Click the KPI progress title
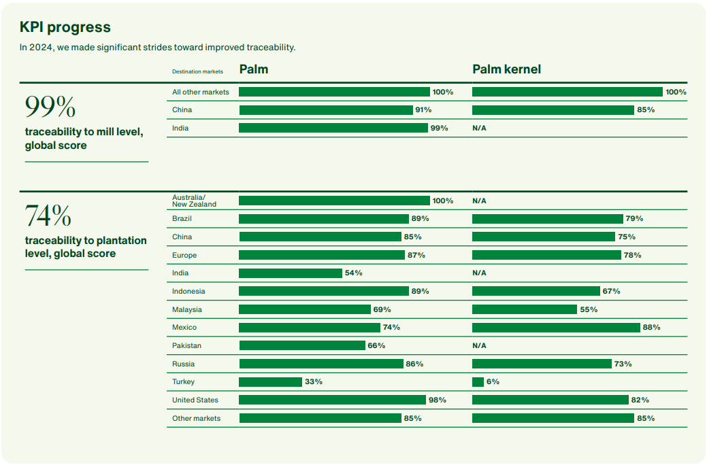coord(65,27)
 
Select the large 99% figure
coord(50,107)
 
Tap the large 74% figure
coord(48,216)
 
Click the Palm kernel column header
coord(506,69)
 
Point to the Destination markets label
coord(197,71)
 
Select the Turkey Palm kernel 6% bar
coord(478,382)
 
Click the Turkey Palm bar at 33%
coord(270,382)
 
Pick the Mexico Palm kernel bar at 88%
coord(556,328)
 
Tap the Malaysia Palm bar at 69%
coord(304,309)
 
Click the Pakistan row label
coord(186,345)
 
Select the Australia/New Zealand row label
coord(194,201)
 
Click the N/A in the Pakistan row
coord(479,345)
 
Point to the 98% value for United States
coord(438,400)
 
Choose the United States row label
coord(195,400)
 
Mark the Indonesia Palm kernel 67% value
coord(611,291)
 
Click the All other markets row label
coord(201,92)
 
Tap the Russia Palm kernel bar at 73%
coord(542,364)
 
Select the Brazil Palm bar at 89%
coord(323,219)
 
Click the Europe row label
coord(184,255)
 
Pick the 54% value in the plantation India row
coord(353,273)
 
